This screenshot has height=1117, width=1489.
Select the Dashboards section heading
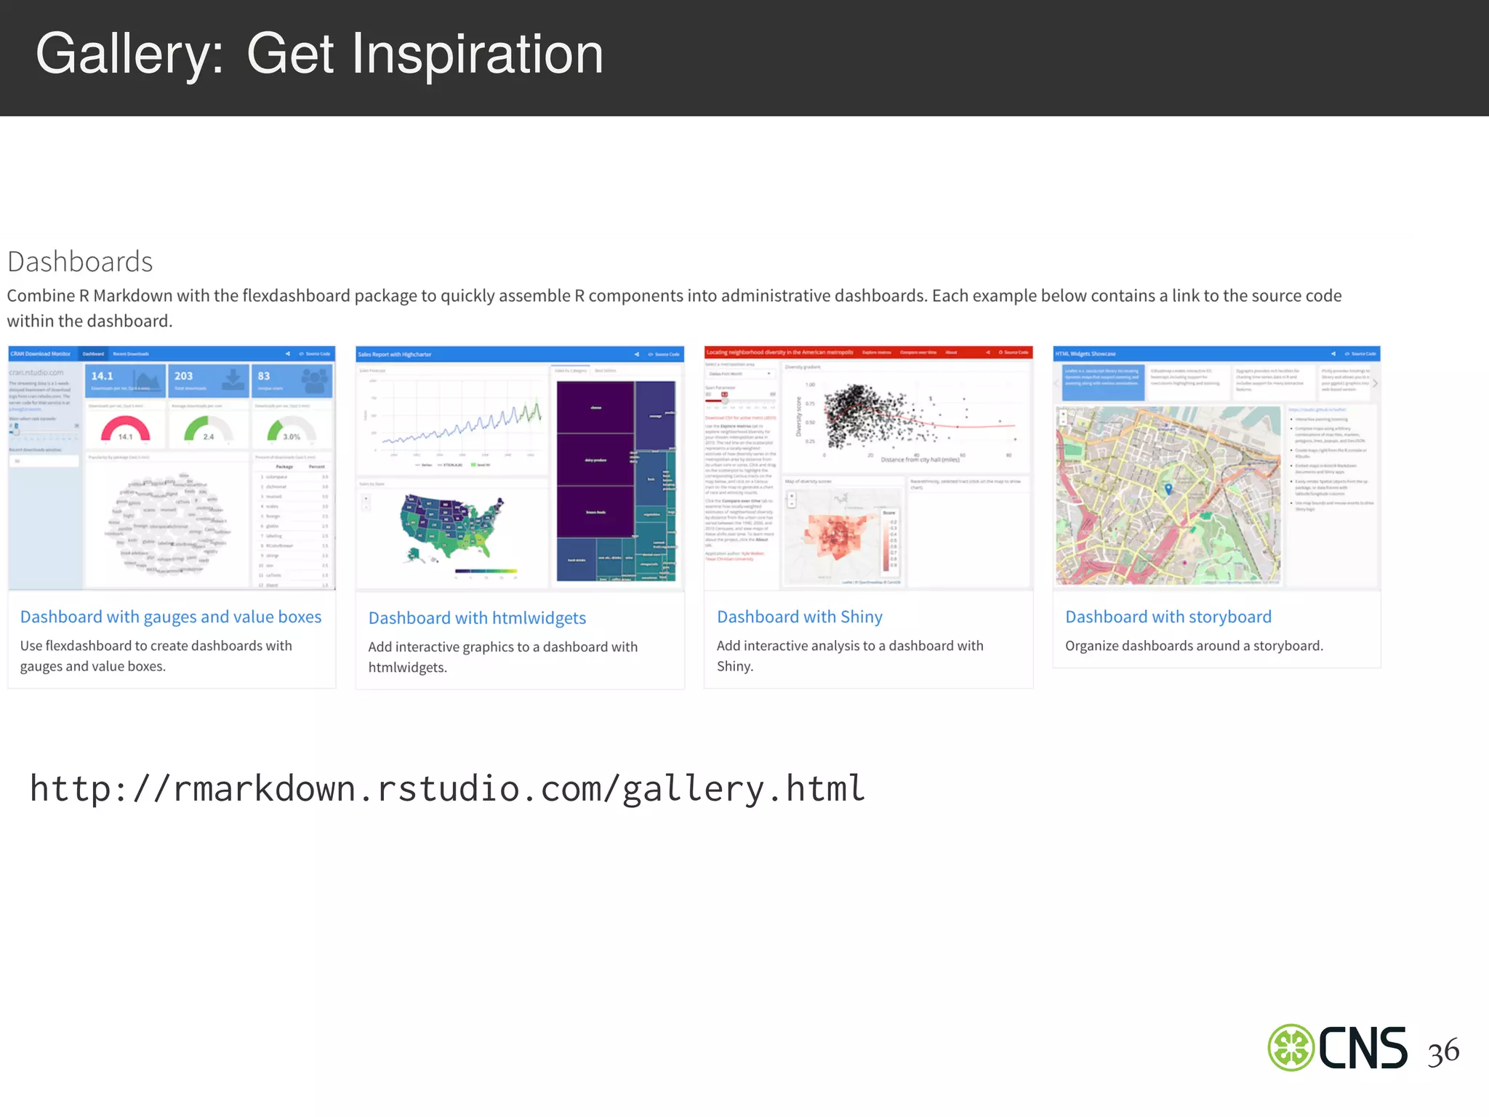point(80,262)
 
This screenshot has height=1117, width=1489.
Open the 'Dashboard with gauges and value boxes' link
point(171,617)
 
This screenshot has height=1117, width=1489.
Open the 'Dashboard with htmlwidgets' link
point(477,618)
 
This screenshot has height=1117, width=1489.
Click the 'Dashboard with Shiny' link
point(799,617)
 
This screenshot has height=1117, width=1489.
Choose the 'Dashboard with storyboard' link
point(1168,617)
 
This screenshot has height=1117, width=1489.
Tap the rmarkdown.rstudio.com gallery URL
point(447,788)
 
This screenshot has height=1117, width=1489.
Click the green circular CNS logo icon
point(1291,1048)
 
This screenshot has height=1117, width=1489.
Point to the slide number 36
point(1442,1052)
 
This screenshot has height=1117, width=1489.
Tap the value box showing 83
point(292,381)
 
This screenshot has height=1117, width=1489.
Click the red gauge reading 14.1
point(125,429)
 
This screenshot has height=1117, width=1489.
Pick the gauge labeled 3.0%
point(292,431)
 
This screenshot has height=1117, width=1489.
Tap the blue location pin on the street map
point(1168,489)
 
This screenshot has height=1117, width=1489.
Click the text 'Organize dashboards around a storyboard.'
point(1194,646)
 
